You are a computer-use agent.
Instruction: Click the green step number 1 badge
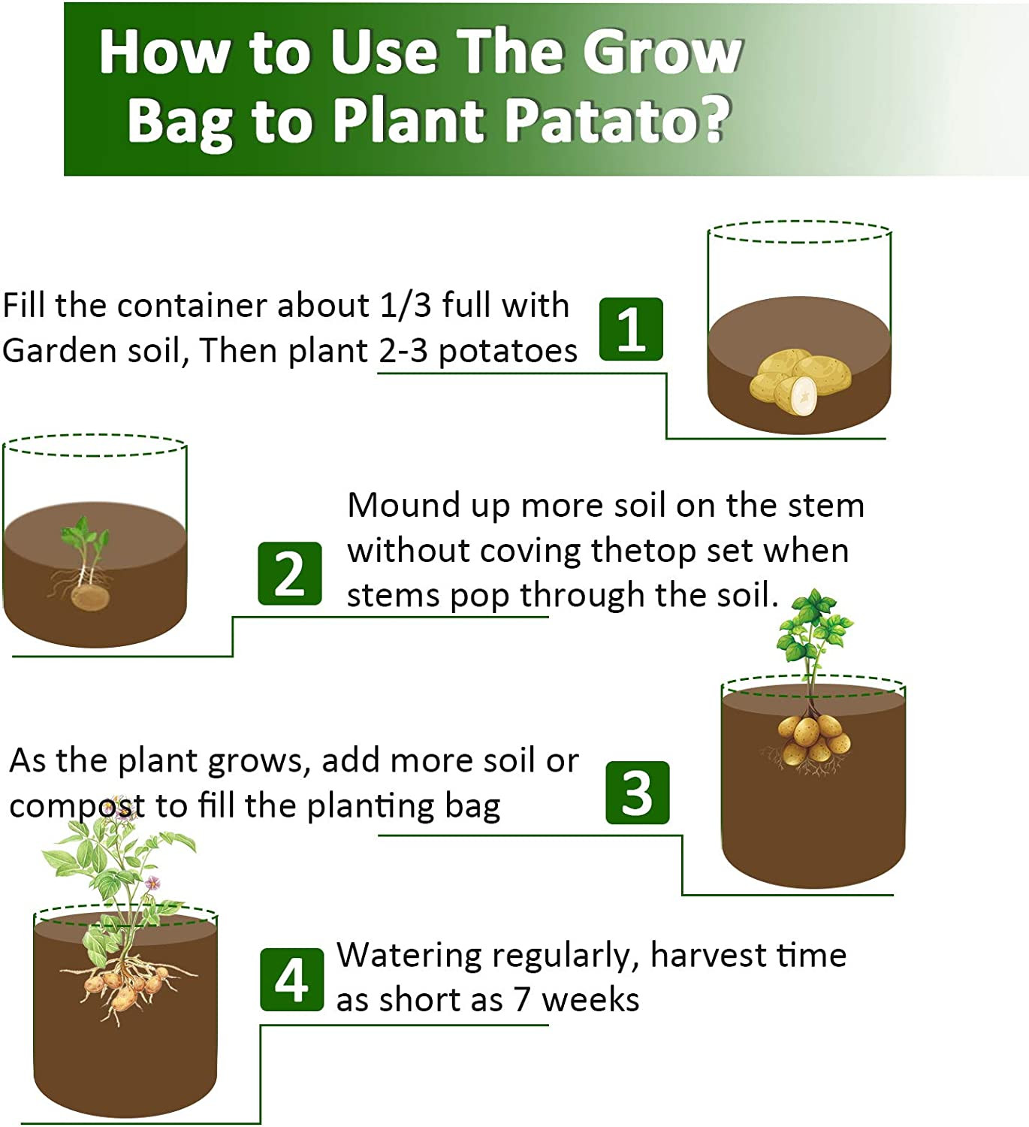(631, 329)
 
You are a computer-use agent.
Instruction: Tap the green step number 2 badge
(289, 573)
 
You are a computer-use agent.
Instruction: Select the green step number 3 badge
(637, 792)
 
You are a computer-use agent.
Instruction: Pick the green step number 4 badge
(291, 979)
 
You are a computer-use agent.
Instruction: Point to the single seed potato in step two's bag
(90, 597)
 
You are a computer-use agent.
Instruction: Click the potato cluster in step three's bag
(813, 736)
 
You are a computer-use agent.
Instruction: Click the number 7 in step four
(523, 1000)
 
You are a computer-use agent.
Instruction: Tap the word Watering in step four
(409, 956)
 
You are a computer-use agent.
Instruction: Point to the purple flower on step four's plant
(152, 883)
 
